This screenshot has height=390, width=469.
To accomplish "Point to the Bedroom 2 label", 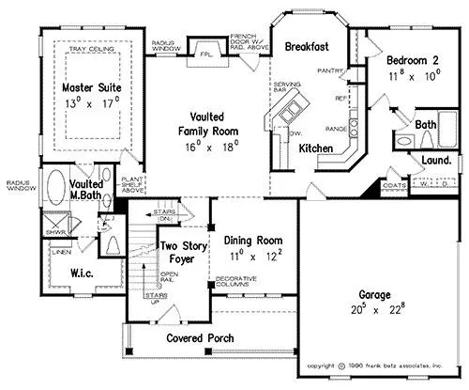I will click(413, 60).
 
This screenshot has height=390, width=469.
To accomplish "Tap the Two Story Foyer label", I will click(181, 253).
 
